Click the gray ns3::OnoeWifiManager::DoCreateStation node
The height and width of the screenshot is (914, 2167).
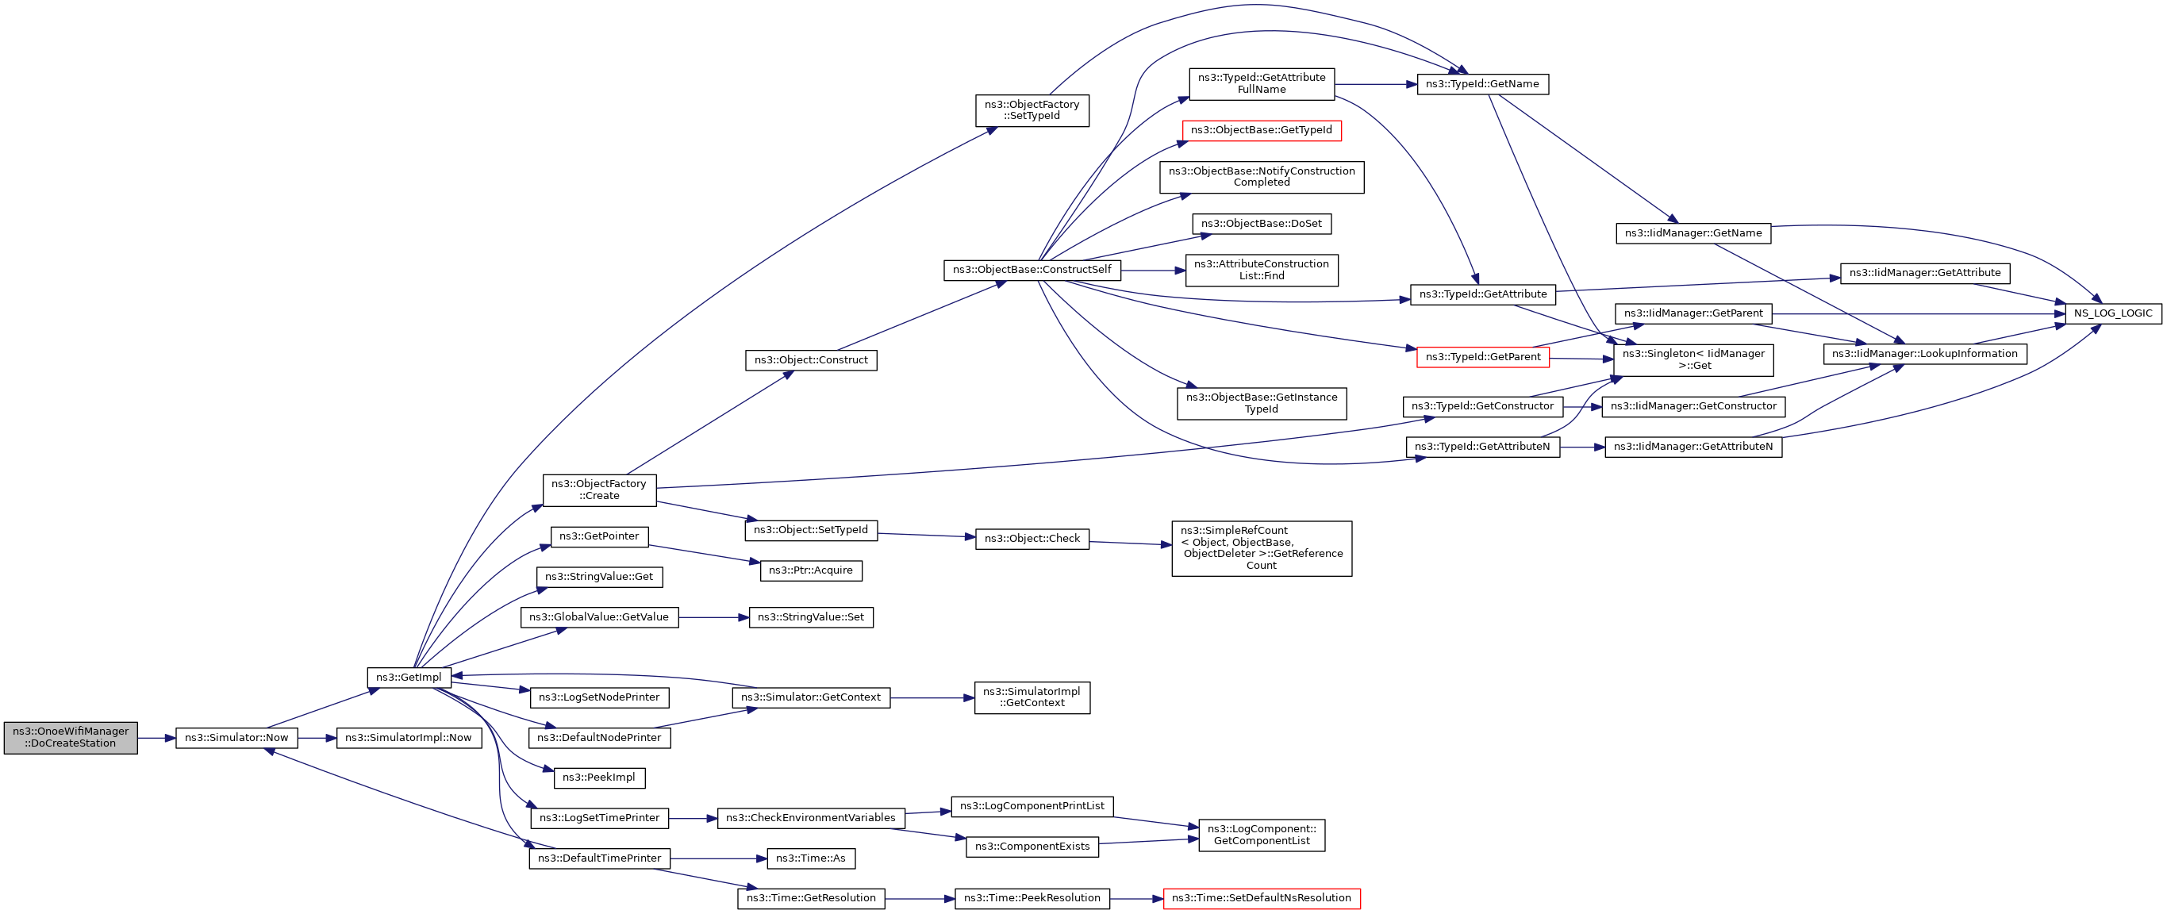[71, 737]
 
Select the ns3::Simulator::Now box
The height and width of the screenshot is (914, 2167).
[236, 737]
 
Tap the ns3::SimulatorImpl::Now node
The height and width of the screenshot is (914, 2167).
[409, 737]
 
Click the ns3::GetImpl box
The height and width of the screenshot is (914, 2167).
[409, 677]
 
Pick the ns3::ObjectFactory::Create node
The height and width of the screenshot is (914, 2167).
[599, 490]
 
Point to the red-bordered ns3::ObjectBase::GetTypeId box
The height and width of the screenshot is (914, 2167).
[1261, 130]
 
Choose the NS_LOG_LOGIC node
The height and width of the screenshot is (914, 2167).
[2112, 313]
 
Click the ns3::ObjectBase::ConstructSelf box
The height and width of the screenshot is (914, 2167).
[1032, 270]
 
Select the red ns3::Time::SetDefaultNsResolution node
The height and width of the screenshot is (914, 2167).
[1261, 898]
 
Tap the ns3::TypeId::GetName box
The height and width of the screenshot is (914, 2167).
[1482, 84]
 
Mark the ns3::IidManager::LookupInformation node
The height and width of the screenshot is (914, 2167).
[1925, 354]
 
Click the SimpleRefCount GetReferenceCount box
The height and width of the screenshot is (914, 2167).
[1261, 548]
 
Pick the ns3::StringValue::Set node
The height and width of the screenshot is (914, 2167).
[811, 617]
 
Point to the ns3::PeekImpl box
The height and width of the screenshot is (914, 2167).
[599, 778]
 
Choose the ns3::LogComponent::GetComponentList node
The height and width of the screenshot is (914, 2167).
[1261, 835]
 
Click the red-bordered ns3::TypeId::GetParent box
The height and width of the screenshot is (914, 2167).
[1482, 357]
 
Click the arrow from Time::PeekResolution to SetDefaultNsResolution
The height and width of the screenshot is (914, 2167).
[1136, 899]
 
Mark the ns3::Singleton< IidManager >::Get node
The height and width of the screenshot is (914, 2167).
[1692, 360]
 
